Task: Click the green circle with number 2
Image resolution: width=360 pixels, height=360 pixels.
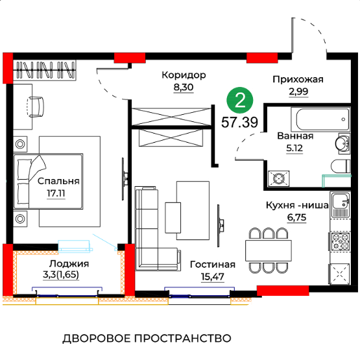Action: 240,101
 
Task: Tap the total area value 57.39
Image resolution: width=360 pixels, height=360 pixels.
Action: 239,122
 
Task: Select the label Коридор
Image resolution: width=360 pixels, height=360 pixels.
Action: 184,75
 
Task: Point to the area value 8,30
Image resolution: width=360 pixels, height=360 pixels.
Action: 184,88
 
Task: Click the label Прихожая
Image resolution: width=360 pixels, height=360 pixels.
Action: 298,79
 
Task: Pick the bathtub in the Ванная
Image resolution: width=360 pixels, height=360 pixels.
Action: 320,119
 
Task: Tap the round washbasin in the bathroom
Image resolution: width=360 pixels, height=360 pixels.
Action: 342,144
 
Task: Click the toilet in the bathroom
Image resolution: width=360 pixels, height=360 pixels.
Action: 341,166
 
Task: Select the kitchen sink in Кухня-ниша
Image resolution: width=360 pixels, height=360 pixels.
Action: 341,205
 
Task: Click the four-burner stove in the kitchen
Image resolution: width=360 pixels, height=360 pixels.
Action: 341,241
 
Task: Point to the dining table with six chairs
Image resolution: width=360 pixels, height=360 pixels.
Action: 269,250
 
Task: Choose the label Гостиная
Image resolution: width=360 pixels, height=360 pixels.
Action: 213,265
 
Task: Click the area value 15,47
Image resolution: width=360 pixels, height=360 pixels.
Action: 212,277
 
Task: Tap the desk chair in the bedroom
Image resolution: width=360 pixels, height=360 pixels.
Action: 36,107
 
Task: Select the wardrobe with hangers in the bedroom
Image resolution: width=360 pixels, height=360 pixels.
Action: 44,70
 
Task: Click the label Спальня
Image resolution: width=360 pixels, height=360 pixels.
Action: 58,181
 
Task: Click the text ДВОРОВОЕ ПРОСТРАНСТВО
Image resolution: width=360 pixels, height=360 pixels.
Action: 147,339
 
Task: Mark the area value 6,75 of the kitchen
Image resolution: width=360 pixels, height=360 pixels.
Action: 296,217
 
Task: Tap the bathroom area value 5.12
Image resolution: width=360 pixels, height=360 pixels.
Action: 294,149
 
